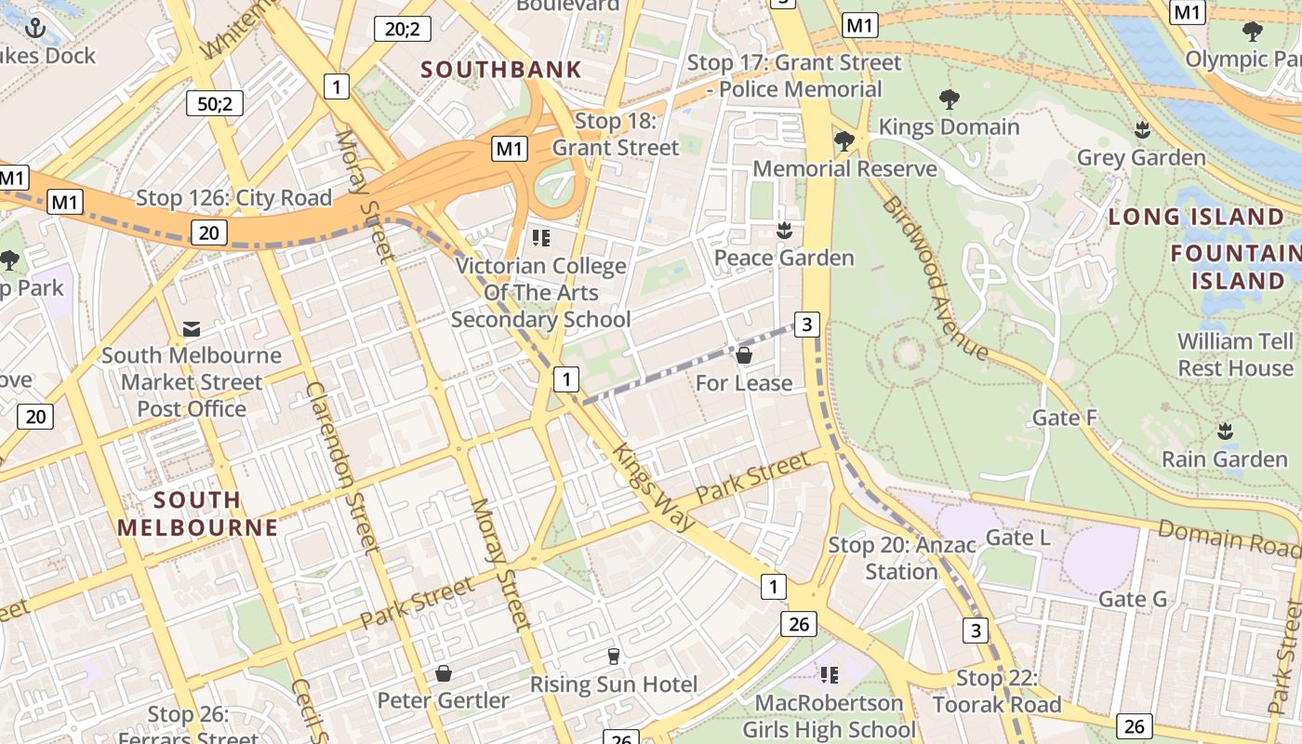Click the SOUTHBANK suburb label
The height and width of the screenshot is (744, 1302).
[x=501, y=69]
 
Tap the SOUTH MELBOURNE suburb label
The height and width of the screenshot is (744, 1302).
[x=197, y=513]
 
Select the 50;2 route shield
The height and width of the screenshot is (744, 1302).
[x=215, y=103]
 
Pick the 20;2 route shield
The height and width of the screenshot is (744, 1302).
[x=402, y=29]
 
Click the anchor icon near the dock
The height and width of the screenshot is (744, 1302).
[x=34, y=28]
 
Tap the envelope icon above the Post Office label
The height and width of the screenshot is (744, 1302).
[x=192, y=328]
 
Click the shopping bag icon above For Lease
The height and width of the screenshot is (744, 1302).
[x=744, y=355]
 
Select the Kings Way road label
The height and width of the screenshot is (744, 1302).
[x=654, y=487]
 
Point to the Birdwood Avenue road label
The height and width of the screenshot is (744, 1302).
[x=935, y=277]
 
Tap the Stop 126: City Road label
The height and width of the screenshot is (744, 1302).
[x=233, y=198]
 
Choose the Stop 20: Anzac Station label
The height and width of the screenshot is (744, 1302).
[x=901, y=558]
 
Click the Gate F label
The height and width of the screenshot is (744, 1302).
[x=1064, y=418]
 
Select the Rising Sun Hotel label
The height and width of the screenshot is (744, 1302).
[x=613, y=684]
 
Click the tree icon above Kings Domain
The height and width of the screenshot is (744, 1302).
[x=949, y=99]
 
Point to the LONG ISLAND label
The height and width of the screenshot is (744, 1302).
[x=1196, y=217]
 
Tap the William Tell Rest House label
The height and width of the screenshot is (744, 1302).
[x=1234, y=354]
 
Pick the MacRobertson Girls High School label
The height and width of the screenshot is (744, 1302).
[x=828, y=716]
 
